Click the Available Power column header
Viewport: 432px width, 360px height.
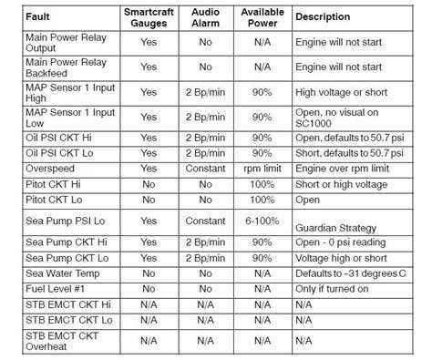click(262, 16)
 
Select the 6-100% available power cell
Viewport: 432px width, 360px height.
click(262, 221)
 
